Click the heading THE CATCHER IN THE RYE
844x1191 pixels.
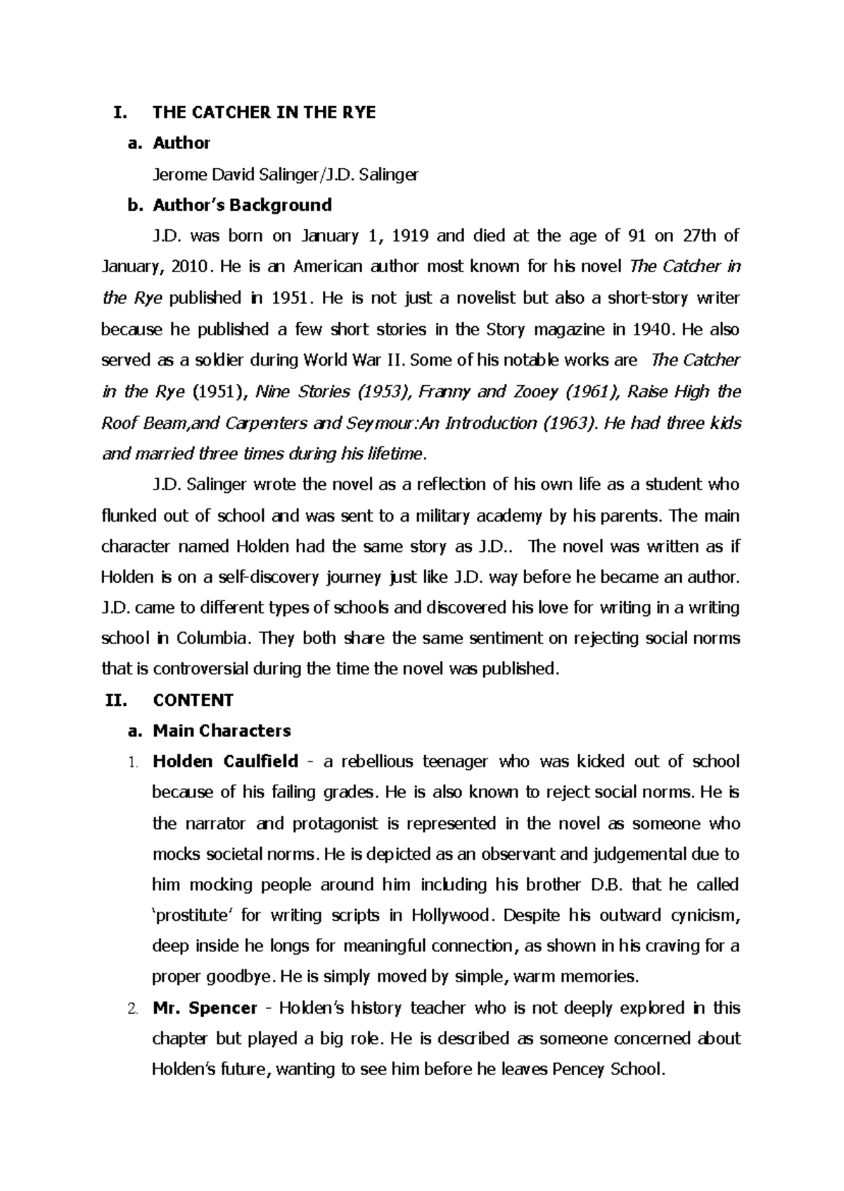coord(264,112)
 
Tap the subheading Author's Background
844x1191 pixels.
coord(242,205)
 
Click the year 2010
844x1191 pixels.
coord(190,267)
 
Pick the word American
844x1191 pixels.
coord(328,267)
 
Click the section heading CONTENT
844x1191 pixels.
coord(193,700)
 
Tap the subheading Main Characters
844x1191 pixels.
coord(222,731)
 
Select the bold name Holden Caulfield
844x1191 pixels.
coord(225,762)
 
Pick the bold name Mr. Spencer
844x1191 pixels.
coord(205,1008)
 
